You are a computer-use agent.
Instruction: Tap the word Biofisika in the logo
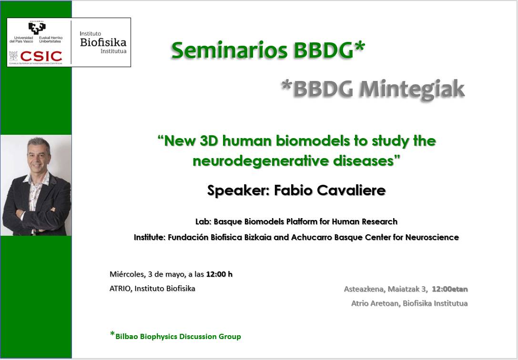103,42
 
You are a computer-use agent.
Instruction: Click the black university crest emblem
37,28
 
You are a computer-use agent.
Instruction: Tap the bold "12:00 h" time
219,274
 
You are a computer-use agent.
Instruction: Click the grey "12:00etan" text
449,289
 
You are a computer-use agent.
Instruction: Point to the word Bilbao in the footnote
127,337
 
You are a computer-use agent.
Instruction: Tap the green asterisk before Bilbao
112,334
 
